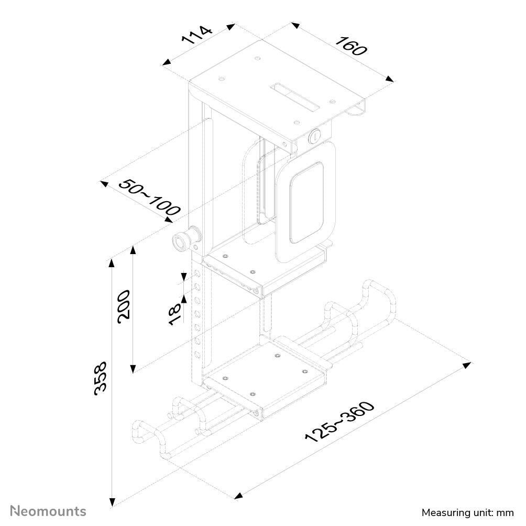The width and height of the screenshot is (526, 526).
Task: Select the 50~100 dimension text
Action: coord(150,198)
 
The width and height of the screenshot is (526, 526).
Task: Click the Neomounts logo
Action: coord(49,511)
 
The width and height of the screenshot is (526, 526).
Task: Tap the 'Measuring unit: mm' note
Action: coord(467,512)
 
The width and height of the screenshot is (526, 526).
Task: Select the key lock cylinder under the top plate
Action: coord(315,137)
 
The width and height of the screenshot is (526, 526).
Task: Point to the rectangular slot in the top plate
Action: coord(294,96)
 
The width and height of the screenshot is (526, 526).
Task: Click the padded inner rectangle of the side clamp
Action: coord(306,202)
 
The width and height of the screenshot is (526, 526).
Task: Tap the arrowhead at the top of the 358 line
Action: coord(111,262)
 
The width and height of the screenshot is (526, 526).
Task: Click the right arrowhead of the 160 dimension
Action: coord(390,79)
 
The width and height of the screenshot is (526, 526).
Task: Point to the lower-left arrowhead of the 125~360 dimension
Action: coord(239,495)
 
